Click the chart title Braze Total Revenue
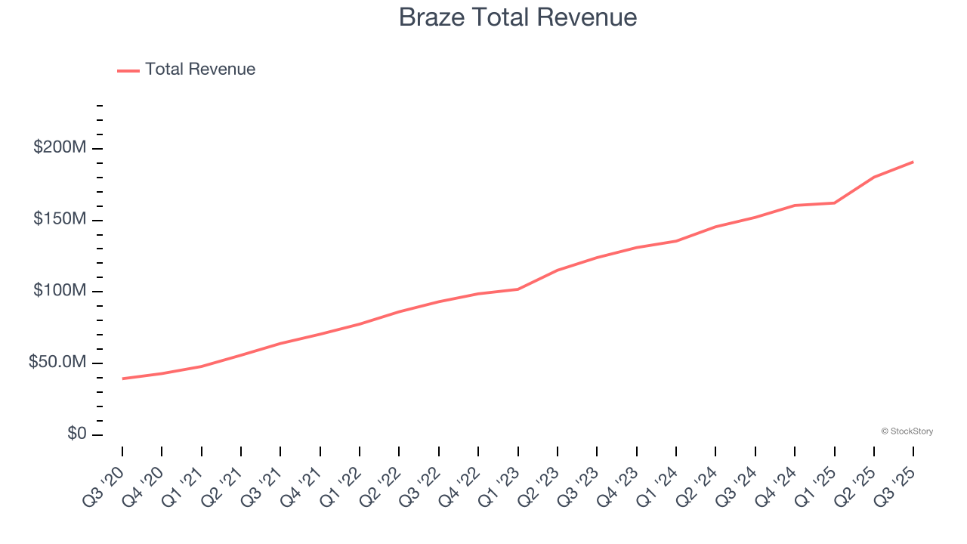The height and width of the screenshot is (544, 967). coord(517,17)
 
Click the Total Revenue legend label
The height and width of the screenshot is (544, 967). coord(200,70)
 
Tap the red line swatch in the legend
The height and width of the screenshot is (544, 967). coord(128,70)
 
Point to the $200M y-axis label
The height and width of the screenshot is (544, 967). coord(60,147)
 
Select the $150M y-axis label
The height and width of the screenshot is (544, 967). coord(60,219)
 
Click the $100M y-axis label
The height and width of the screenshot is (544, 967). coord(60,291)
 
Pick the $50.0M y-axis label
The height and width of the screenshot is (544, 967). coord(57,363)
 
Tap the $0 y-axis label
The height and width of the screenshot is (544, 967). coord(76,434)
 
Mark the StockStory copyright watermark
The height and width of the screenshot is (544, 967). coord(907,431)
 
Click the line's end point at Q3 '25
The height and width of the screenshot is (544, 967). coord(913,162)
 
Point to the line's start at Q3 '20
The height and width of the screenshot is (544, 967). coord(122,379)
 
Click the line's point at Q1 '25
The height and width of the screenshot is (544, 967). coord(834,202)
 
